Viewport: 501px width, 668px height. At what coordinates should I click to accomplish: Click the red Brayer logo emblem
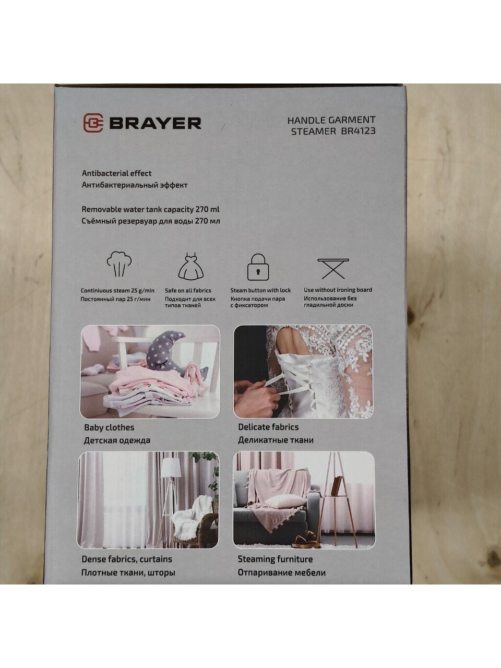tap(93, 123)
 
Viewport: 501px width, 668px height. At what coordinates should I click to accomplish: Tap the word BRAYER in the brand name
tap(155, 123)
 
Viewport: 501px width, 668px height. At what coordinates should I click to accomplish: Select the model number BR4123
tap(359, 131)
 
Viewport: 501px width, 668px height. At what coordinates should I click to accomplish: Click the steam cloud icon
tap(119, 264)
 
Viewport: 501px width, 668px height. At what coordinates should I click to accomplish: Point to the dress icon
tap(190, 266)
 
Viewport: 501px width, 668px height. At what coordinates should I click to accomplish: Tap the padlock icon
tap(258, 267)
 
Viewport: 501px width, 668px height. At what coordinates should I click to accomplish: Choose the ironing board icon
tap(333, 268)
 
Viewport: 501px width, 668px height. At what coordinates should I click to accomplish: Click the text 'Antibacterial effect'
tap(116, 173)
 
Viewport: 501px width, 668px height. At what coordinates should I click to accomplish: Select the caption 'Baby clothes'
tap(109, 427)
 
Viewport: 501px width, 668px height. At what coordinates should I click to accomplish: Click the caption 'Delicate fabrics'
tap(268, 427)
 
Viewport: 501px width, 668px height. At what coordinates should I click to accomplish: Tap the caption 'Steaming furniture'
tap(276, 559)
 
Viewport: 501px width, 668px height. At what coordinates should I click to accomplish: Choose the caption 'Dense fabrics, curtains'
tap(127, 559)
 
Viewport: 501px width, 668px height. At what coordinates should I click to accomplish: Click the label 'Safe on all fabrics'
tap(188, 291)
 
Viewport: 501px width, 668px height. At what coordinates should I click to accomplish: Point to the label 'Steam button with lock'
tap(260, 290)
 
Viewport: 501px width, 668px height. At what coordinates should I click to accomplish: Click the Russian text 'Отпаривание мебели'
tap(282, 572)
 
